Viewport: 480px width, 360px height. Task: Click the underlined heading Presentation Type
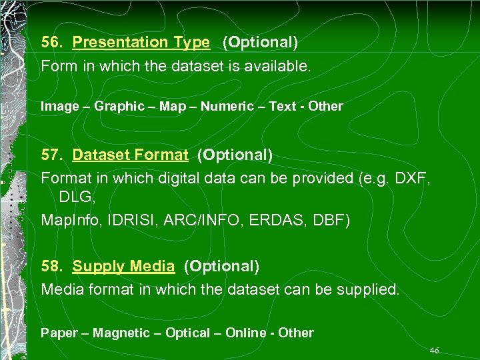(141, 43)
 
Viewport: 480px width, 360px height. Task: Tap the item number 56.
(52, 43)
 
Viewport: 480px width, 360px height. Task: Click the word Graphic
(119, 106)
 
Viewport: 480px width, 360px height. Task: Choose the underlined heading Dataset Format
(130, 155)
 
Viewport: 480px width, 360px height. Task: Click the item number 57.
(52, 155)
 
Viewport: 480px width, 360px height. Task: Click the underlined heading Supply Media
(123, 267)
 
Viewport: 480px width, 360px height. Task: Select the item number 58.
(52, 267)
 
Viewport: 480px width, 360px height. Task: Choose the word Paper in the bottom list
(59, 333)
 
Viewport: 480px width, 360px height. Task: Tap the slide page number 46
(435, 351)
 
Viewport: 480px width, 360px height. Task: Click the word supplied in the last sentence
(371, 290)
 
